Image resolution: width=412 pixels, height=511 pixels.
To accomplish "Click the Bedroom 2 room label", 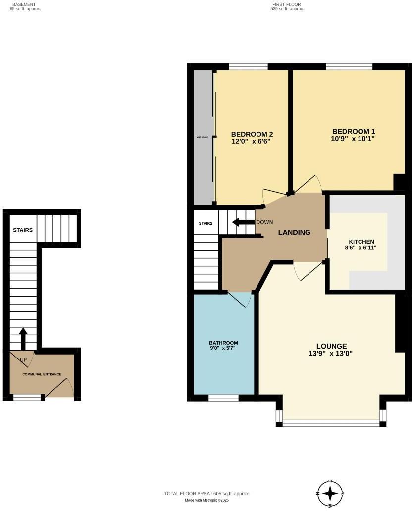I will coord(252,134).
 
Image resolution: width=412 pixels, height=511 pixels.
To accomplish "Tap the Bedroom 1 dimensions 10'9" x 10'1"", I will coord(353,139).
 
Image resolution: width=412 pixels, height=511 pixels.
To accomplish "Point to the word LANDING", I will coord(294,232).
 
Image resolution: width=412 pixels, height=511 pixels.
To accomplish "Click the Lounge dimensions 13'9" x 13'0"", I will coord(331,354).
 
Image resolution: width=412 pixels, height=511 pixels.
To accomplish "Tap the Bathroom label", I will coord(223,343).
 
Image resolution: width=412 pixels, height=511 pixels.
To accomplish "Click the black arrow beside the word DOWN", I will coord(243,222).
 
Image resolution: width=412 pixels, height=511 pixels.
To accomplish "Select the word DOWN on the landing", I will coord(264,222).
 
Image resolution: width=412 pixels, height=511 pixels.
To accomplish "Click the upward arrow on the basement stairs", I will coord(23,338).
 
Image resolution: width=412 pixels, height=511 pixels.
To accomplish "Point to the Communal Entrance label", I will coord(42,374).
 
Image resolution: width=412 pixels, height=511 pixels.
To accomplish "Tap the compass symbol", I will coord(330,493).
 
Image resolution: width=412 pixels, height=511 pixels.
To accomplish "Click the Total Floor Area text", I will coord(206,494).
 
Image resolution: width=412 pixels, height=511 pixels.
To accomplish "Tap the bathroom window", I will coord(223,398).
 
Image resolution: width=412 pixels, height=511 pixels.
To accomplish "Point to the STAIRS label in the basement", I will coord(23,230).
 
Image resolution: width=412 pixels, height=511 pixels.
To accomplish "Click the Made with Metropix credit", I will coord(206,500).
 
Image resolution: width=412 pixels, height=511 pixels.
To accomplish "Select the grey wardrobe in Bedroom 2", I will coord(203,137).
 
